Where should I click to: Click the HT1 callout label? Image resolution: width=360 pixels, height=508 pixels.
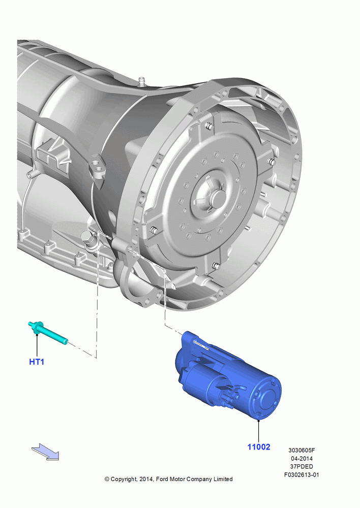[37, 362]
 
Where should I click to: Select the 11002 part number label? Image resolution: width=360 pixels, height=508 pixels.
[259, 447]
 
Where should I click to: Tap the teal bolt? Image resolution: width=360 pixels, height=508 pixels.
[48, 333]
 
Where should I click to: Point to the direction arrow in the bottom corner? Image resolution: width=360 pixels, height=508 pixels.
[45, 452]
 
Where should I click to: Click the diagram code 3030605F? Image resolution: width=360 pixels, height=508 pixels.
[302, 450]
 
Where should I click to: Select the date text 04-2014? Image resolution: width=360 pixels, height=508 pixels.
[302, 458]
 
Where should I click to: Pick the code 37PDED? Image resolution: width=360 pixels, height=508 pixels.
[302, 466]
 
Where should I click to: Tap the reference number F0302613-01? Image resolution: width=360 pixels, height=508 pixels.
[302, 474]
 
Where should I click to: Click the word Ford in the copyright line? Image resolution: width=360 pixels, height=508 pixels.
[162, 479]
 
